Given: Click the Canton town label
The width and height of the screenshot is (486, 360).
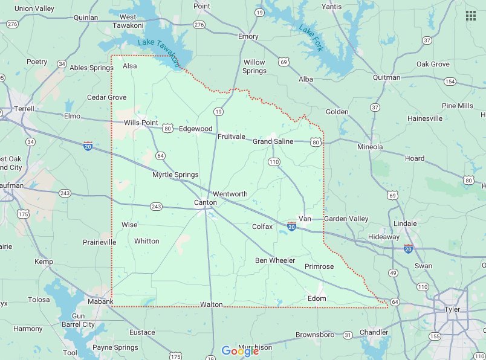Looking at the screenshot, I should click(205, 202).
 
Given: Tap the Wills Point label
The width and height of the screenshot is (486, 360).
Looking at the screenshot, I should click(141, 123).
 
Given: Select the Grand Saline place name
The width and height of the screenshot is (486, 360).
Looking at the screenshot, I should click(273, 141).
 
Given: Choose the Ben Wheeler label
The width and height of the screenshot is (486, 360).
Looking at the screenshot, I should click(275, 260).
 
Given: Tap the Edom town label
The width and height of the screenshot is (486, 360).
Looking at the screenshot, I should click(317, 298).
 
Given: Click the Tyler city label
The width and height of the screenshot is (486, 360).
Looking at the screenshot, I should click(452, 309).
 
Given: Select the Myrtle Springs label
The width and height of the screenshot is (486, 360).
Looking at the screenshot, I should click(175, 175).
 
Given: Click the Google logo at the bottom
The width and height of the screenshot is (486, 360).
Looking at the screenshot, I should click(240, 351).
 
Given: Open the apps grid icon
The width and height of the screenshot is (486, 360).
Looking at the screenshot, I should click(470, 15).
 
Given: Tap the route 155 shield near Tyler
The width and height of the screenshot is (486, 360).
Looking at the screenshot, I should click(435, 336).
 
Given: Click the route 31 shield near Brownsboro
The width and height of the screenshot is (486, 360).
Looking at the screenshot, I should click(348, 335).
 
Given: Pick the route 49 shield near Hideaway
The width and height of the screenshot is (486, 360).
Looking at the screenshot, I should click(393, 274).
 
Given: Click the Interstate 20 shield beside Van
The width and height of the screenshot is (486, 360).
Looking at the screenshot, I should click(291, 226).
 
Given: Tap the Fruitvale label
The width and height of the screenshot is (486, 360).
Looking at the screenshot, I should click(232, 137).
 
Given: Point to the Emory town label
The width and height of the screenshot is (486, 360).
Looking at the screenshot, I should click(248, 36).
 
